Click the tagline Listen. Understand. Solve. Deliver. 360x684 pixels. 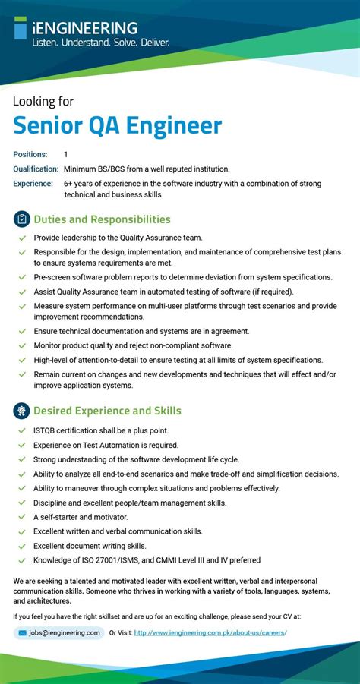click(101, 43)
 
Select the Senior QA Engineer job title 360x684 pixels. click(118, 125)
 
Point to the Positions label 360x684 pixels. click(30, 154)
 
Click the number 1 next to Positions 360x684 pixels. click(66, 154)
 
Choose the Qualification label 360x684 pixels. click(36, 169)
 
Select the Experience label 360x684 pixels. click(33, 184)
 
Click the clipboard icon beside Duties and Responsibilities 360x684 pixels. click(21, 219)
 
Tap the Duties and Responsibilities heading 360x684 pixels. click(102, 219)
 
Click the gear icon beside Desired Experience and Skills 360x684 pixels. click(21, 411)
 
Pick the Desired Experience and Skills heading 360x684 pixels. click(107, 411)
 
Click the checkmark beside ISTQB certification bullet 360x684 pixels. click(21, 431)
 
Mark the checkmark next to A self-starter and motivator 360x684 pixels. click(21, 518)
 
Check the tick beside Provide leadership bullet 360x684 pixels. click(21, 238)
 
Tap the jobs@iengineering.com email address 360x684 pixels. click(65, 632)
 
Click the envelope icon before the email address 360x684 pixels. click(23, 632)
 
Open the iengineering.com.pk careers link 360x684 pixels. click(210, 632)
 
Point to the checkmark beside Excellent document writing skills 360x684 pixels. click(21, 546)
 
